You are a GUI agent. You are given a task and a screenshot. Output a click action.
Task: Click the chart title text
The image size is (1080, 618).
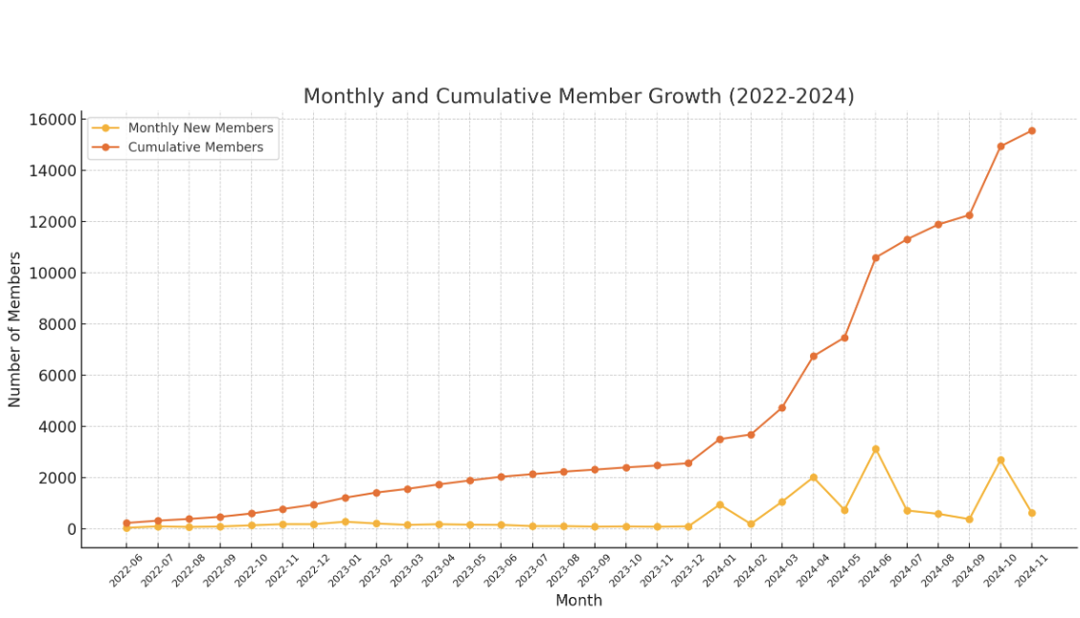pos(578,97)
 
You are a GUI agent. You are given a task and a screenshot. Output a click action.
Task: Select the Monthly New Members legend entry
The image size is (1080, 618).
pos(200,128)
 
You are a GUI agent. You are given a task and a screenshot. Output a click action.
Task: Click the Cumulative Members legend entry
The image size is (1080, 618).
pos(195,147)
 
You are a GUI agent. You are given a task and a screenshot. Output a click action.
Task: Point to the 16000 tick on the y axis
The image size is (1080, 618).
pos(53,120)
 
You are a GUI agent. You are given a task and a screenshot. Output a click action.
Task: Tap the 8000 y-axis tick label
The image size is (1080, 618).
pos(56,324)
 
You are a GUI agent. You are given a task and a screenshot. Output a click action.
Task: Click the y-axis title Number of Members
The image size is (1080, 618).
pos(15,329)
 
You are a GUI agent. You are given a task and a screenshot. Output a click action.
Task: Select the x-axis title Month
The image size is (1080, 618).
pos(578,601)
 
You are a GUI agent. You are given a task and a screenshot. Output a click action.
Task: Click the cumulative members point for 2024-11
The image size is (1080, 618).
pos(1031,131)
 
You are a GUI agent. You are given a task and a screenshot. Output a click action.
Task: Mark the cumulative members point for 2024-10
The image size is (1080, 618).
pos(1001,146)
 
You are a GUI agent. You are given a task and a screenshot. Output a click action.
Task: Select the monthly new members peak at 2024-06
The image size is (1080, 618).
pos(875,449)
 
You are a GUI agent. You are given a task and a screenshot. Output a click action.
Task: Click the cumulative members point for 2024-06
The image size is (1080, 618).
pos(875,257)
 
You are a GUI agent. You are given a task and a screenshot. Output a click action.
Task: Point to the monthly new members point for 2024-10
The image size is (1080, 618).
pos(1001,460)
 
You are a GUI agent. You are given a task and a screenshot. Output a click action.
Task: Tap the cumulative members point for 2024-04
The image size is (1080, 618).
pos(813,356)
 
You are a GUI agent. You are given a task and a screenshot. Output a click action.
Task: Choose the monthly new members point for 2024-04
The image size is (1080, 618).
pos(813,477)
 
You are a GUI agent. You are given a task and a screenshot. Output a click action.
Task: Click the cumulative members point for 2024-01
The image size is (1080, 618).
pos(719,439)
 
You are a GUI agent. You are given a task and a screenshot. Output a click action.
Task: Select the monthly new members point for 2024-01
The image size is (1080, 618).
pos(719,504)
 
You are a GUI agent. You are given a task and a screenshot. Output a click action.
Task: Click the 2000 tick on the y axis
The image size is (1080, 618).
pos(56,478)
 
